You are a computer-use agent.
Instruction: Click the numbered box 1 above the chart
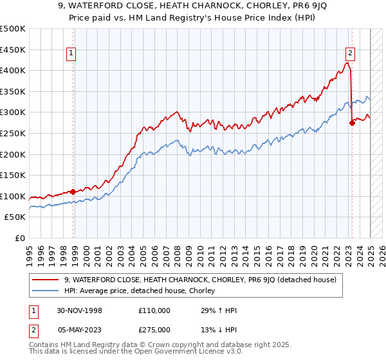pos(71,54)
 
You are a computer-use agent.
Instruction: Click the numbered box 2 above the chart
pos(350,54)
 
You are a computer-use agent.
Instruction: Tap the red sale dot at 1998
pos(73,192)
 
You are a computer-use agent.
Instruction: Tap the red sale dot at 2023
pos(352,122)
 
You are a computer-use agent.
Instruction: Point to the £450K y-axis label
pos(13,50)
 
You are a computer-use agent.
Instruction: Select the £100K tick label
pos(13,196)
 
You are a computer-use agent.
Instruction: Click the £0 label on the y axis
pos(21,239)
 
